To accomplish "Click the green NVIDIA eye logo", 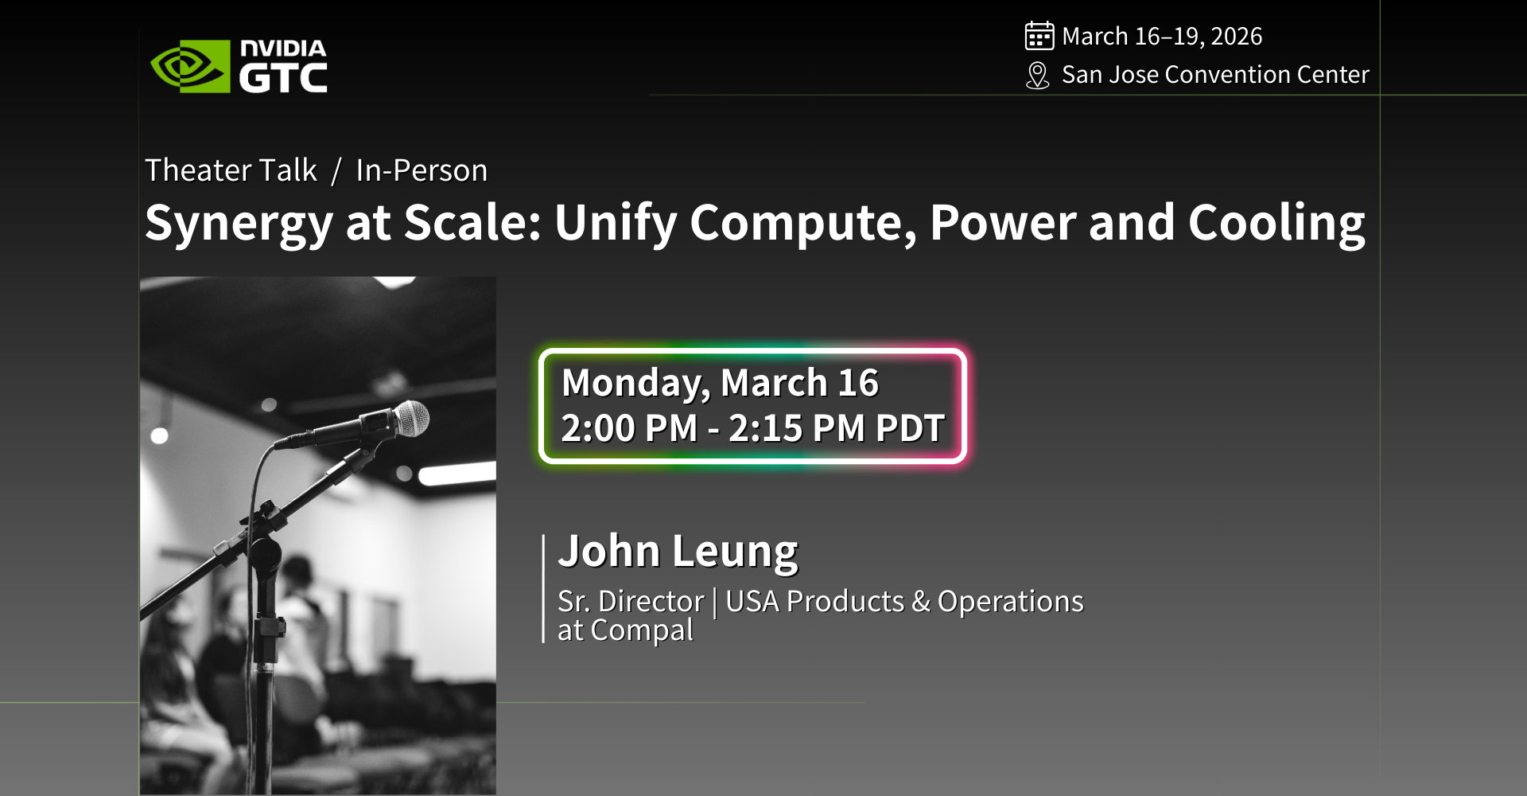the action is (190, 66).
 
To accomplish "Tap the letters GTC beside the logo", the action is (283, 78).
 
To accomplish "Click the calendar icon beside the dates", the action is (1039, 36).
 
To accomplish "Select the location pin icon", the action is (1037, 76).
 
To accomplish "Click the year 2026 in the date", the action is (1236, 36).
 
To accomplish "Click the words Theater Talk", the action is (231, 170).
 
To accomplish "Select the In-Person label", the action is (422, 170).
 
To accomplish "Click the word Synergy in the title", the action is (239, 224).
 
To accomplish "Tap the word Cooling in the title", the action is (1276, 224).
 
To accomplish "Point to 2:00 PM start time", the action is (629, 428).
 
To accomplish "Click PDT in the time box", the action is (910, 428).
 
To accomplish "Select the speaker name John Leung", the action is (678, 552).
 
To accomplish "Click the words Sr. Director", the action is (631, 601).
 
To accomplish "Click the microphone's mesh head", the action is (412, 418).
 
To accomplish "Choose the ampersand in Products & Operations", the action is (921, 602).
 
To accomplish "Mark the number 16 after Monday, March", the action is (857, 383).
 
